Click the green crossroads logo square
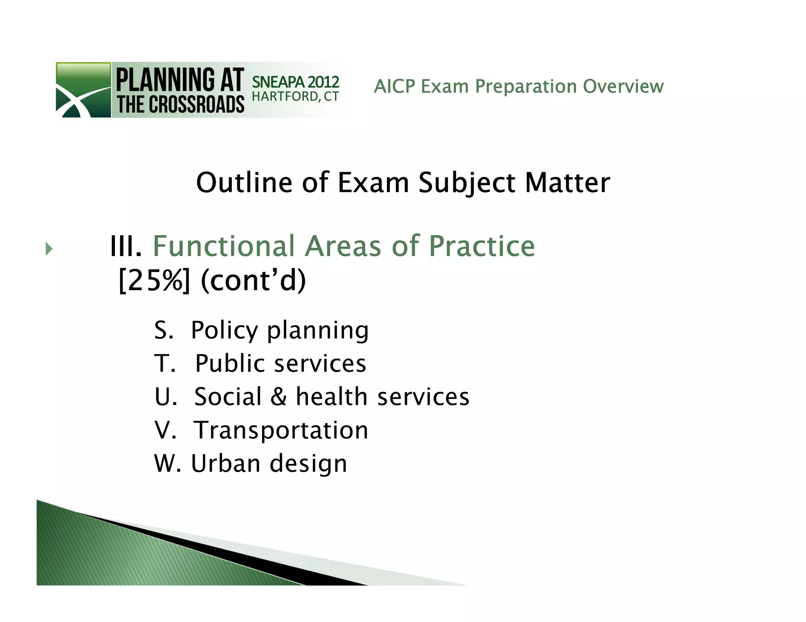83,90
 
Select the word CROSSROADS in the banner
195,105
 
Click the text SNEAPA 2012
296,82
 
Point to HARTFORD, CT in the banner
295,97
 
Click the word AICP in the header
394,86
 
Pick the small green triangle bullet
49,248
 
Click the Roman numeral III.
126,246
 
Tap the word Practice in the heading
481,246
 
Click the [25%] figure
154,281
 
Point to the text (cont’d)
253,281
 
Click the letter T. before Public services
165,363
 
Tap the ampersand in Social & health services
278,396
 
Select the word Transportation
281,430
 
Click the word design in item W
308,464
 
